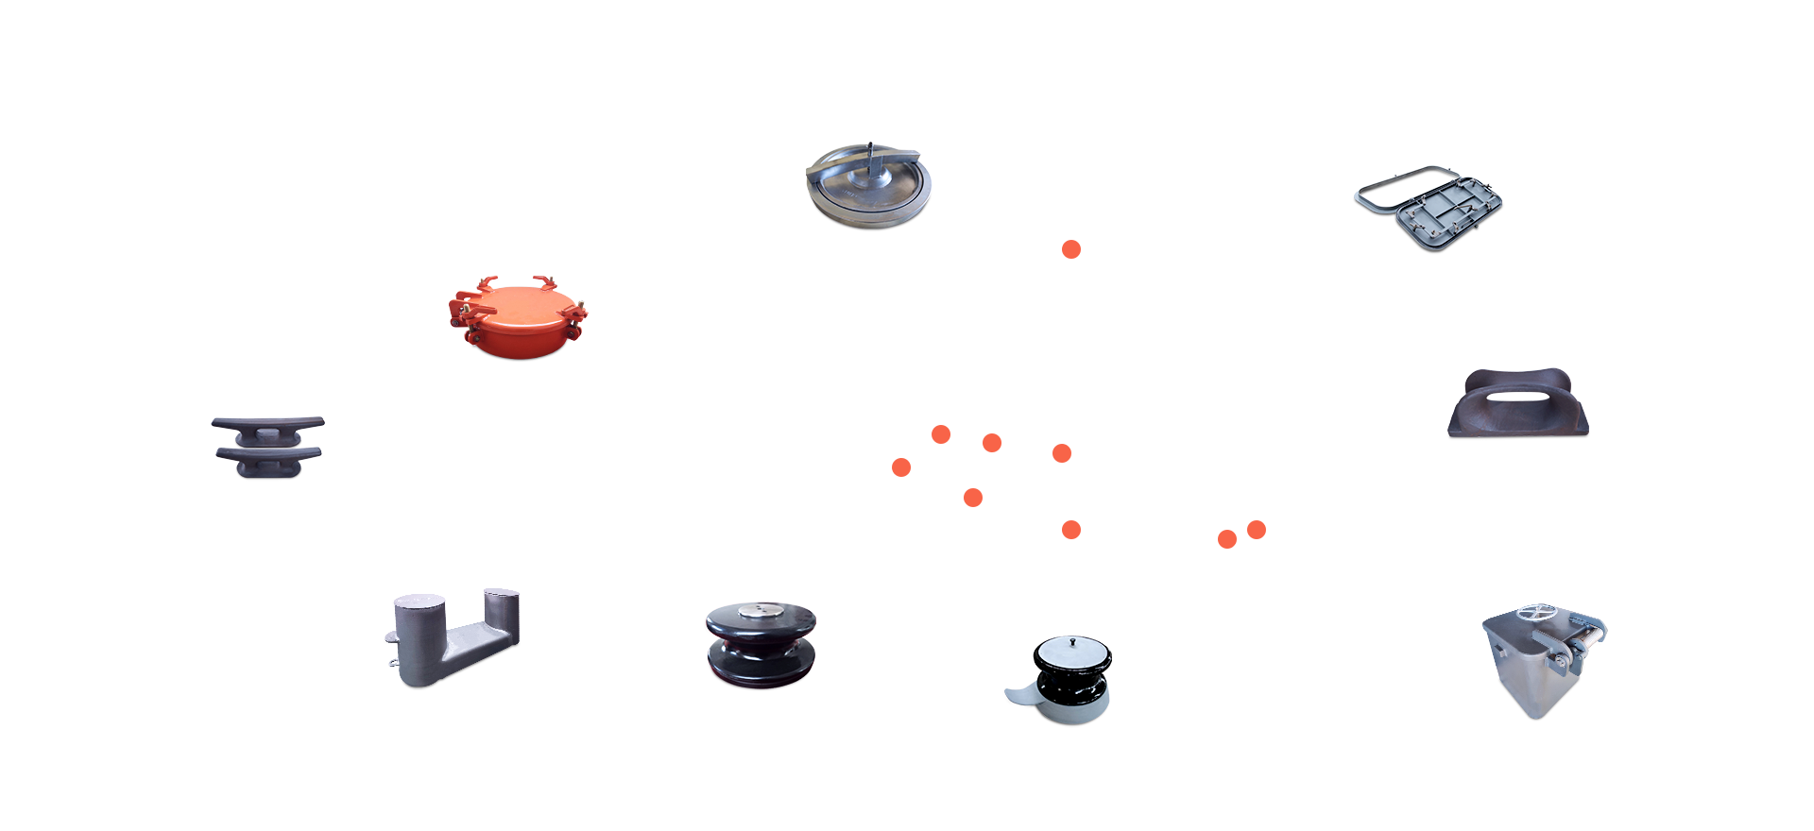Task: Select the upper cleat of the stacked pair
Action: pyautogui.click(x=267, y=424)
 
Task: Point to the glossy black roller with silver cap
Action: pyautogui.click(x=761, y=646)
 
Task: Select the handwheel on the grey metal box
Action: pyautogui.click(x=1538, y=613)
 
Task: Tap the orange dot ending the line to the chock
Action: pyautogui.click(x=1257, y=530)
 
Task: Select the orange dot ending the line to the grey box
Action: pyautogui.click(x=1227, y=539)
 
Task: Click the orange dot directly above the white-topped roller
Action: pyautogui.click(x=1070, y=530)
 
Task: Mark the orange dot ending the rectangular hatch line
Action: pyautogui.click(x=1062, y=453)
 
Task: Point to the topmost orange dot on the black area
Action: pyautogui.click(x=1071, y=249)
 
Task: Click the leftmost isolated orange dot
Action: pyautogui.click(x=901, y=467)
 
